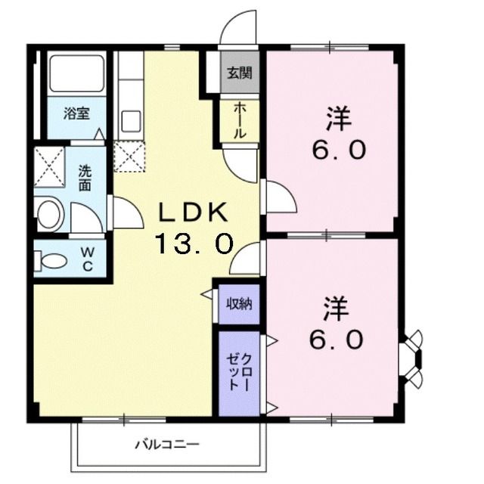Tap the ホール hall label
[x=239, y=119]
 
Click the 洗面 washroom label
[x=85, y=176]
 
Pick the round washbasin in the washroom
[x=50, y=215]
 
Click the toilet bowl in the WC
[x=54, y=261]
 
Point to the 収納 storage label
[x=240, y=303]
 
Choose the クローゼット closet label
[x=240, y=372]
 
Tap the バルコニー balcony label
[x=168, y=445]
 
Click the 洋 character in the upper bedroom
[x=337, y=119]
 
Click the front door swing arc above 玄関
[x=238, y=30]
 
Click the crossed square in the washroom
[x=49, y=166]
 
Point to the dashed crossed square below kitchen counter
[x=129, y=156]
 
